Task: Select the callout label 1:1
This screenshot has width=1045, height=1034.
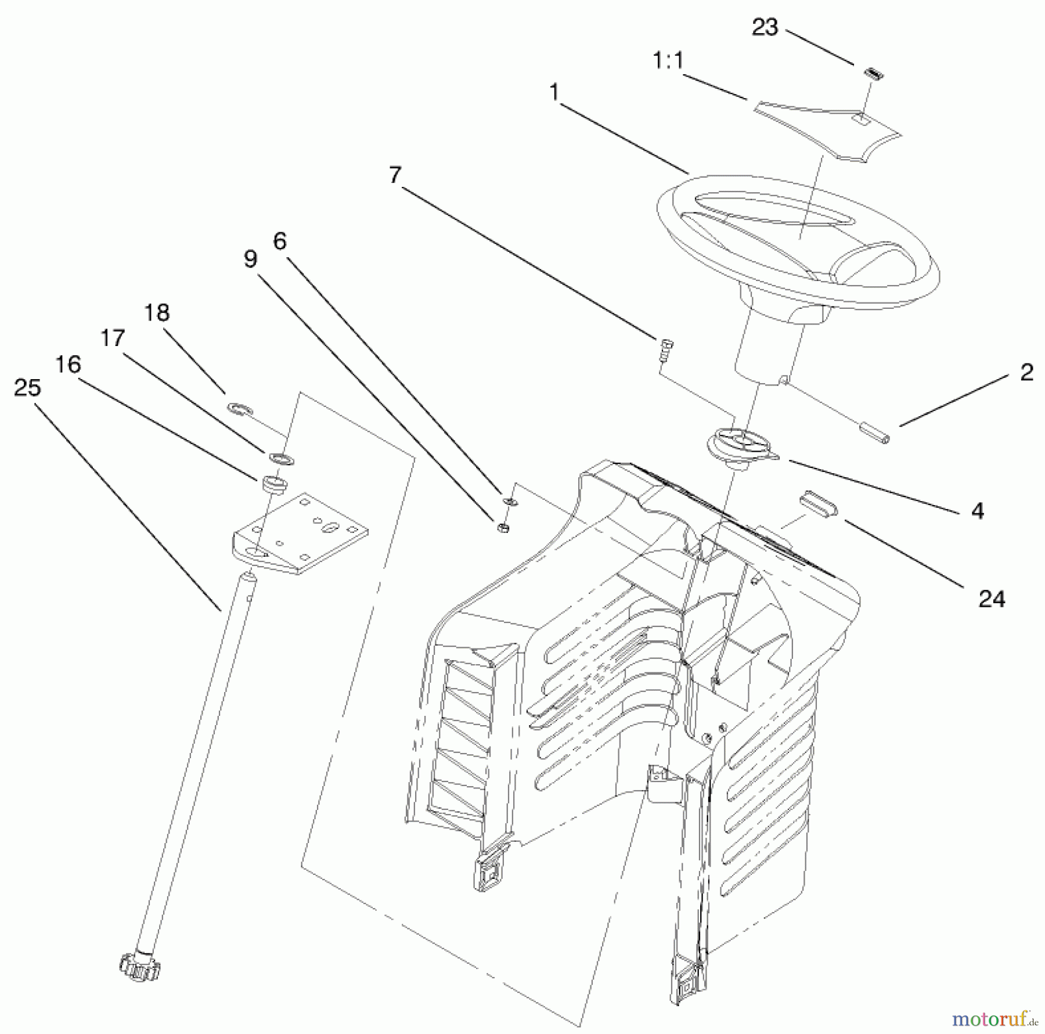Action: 668,61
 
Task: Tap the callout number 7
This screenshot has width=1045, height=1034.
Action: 395,174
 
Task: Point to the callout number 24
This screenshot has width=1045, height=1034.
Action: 992,599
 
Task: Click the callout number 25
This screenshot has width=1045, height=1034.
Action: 27,388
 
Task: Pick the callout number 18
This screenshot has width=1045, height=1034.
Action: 156,313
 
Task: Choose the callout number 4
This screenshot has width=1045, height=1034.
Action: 978,511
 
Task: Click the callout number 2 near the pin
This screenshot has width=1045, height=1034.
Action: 1026,373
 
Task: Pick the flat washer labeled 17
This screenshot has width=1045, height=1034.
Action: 282,457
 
